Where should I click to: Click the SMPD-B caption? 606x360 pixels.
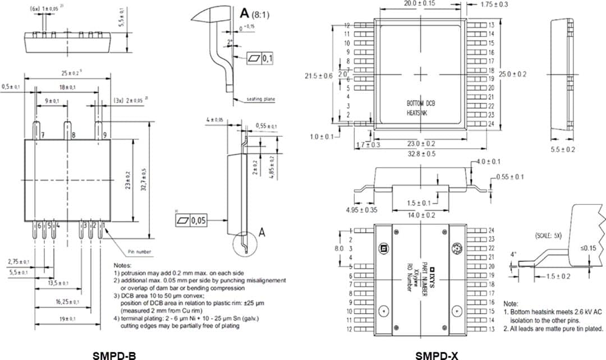pos(114,354)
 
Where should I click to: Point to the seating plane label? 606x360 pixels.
pos(261,99)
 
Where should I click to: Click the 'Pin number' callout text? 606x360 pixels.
pos(139,252)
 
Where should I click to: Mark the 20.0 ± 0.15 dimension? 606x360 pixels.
pos(420,4)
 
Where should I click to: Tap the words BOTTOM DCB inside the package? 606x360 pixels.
pos(420,104)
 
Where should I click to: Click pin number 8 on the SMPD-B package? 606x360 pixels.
pos(74,136)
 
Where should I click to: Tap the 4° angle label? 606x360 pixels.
pos(514,254)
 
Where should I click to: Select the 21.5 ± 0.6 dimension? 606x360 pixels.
pos(318,76)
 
